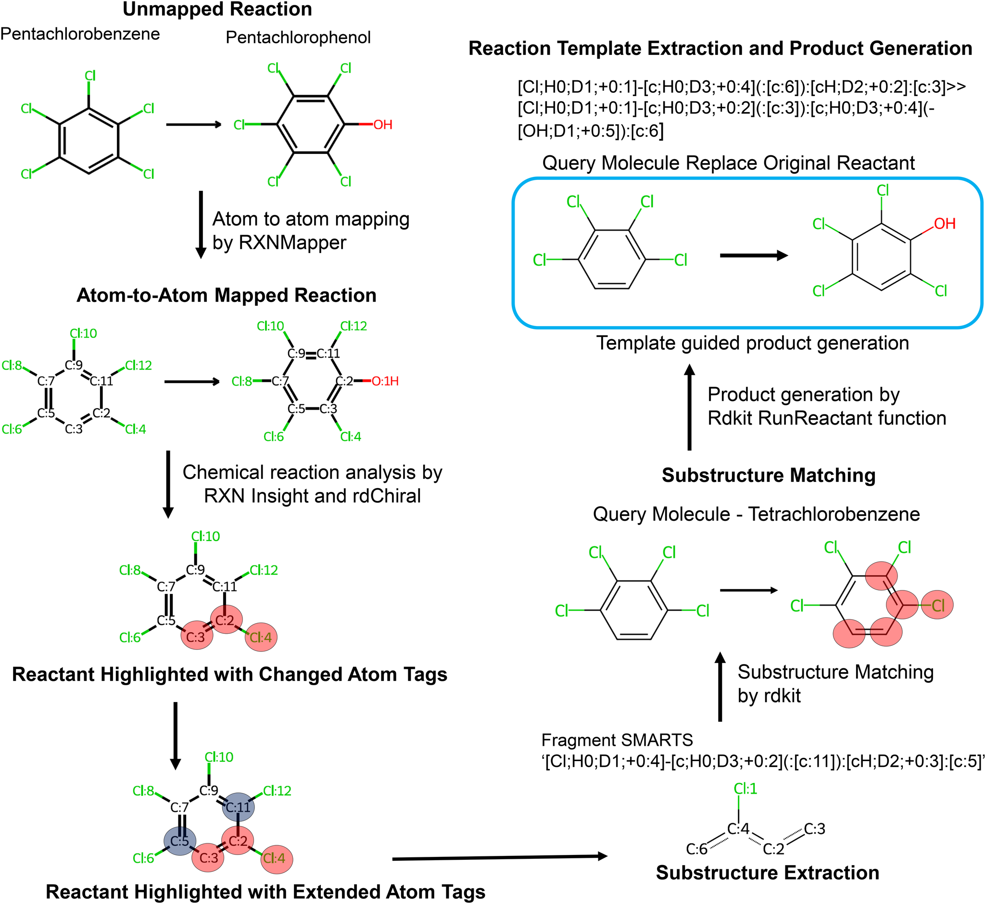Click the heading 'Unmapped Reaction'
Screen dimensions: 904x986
(217, 10)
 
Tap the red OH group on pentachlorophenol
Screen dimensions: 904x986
(383, 125)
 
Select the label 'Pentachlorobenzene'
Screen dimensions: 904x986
(80, 34)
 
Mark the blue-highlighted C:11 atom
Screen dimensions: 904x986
(238, 725)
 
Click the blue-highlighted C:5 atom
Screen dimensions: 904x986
(179, 759)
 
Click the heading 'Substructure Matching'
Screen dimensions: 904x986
(768, 476)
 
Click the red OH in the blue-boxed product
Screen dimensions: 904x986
(945, 224)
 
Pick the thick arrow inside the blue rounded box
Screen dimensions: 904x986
(754, 255)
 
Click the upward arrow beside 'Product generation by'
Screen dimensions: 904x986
(689, 407)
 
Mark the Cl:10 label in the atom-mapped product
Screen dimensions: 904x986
(270, 326)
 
